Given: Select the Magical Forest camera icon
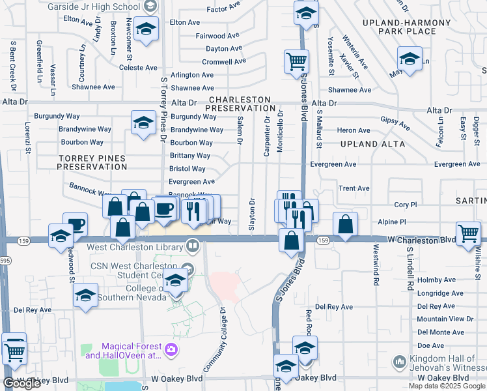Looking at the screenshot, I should click(172, 350).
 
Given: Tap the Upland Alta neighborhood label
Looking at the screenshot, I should click(372, 144).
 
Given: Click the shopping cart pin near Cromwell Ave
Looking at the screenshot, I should click(296, 63).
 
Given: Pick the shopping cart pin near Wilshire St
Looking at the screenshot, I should click(469, 233).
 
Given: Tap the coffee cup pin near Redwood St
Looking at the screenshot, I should click(76, 225).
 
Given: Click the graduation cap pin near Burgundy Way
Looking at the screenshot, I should click(143, 122).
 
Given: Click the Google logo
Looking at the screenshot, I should click(21, 383).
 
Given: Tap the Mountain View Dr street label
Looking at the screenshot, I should click(445, 319).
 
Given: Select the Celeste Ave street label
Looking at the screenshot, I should click(142, 67).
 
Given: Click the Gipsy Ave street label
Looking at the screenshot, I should click(395, 123).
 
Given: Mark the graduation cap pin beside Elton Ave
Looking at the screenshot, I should click(146, 29).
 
